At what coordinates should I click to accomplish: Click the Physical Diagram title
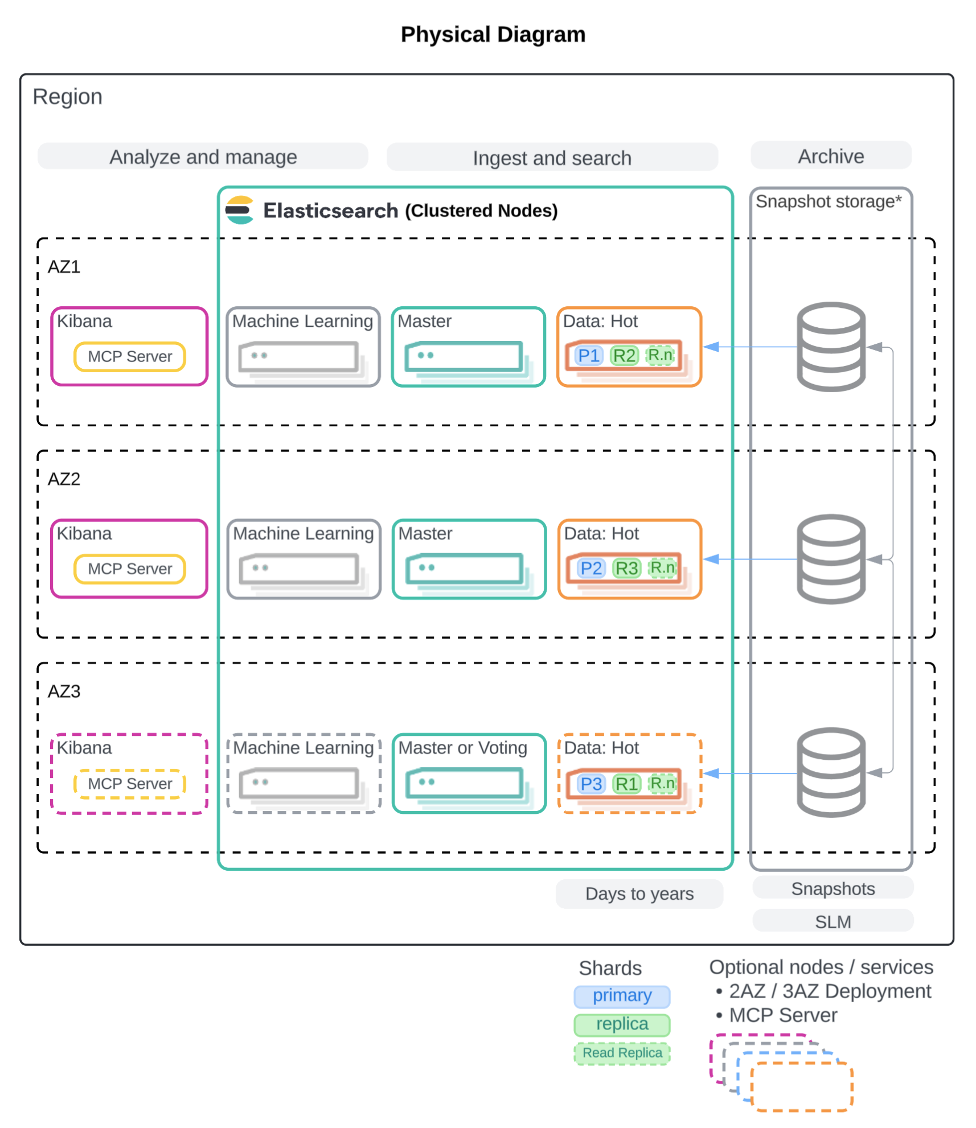tap(493, 34)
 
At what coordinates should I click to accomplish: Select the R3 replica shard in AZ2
tap(626, 568)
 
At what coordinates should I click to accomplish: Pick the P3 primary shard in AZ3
tap(590, 784)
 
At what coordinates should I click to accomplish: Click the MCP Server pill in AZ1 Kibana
tap(130, 356)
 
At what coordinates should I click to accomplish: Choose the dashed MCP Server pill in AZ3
tap(130, 784)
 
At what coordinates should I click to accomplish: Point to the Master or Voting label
tap(462, 747)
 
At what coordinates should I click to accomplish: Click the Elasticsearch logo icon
tap(239, 210)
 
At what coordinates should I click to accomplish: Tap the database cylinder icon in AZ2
tap(831, 559)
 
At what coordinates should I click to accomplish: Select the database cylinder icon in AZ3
tap(831, 772)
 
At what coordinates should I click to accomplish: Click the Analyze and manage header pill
tap(203, 157)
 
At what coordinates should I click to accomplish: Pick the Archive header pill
tap(831, 156)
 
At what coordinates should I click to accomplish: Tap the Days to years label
tap(639, 894)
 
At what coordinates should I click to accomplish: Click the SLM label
tap(833, 921)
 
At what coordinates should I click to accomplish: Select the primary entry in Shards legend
tap(622, 995)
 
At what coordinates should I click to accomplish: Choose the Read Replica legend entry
tap(622, 1053)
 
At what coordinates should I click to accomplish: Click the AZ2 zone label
tap(64, 479)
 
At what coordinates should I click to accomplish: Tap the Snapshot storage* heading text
tap(828, 201)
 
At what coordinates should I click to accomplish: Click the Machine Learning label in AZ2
tap(303, 533)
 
